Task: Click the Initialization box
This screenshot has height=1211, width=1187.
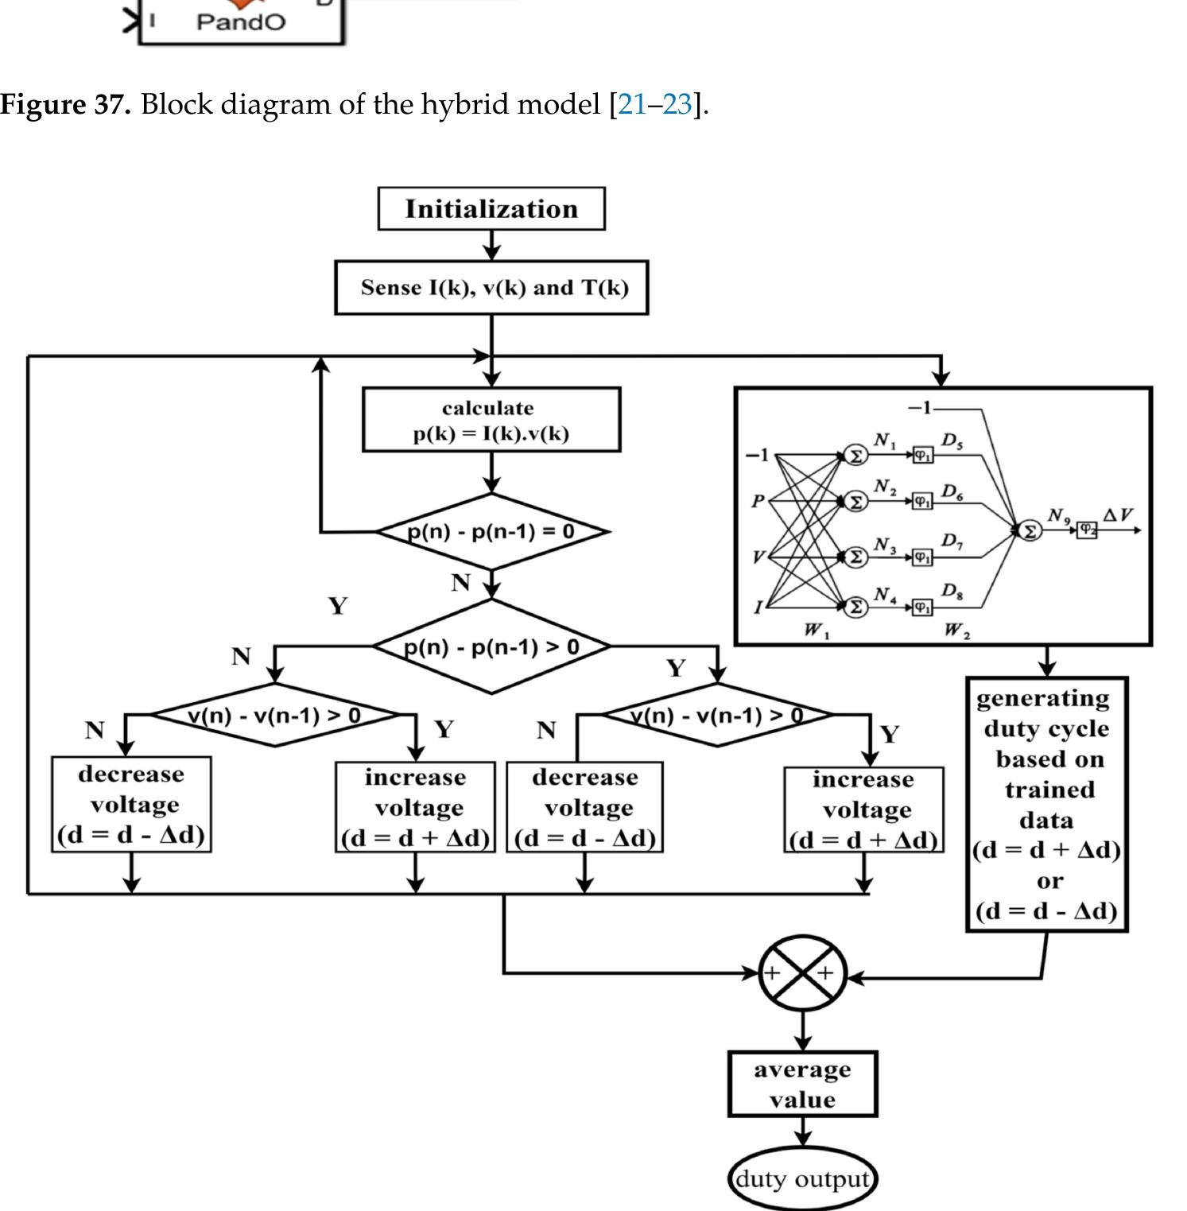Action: (x=491, y=209)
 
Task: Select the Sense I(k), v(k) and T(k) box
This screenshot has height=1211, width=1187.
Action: (x=491, y=287)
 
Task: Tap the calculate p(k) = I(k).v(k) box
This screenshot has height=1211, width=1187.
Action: (x=491, y=420)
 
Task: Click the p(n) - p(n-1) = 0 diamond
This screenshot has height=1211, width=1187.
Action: (x=491, y=531)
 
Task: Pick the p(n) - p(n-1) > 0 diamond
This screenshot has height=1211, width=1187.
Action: (x=491, y=646)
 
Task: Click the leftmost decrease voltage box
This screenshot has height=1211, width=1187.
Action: (x=131, y=804)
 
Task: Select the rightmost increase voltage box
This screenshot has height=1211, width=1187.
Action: (x=864, y=809)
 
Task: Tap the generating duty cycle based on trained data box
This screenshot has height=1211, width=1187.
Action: (x=1047, y=804)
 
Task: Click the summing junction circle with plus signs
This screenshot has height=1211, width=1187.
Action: (x=803, y=972)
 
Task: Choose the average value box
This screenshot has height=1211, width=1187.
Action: (x=803, y=1084)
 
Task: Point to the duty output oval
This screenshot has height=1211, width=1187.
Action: (x=803, y=1178)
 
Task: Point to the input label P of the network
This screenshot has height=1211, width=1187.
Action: (x=758, y=501)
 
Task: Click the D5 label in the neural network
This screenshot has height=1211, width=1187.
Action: (x=952, y=441)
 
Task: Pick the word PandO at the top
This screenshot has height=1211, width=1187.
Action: (x=240, y=21)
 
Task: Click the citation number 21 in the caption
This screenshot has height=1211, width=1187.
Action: (x=632, y=104)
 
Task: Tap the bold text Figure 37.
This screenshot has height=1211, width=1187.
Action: (x=65, y=104)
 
